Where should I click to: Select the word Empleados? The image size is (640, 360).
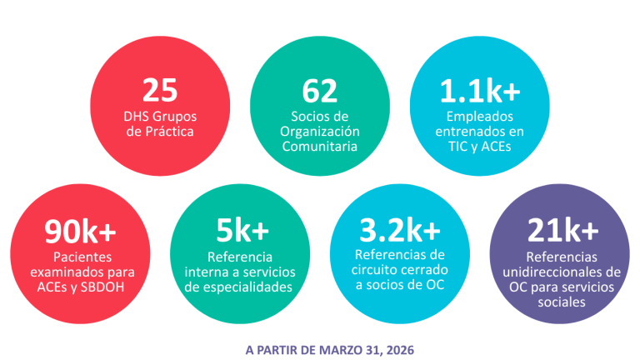point(479,117)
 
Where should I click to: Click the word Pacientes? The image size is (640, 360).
point(80,257)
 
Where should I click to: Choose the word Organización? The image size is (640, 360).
point(320,131)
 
